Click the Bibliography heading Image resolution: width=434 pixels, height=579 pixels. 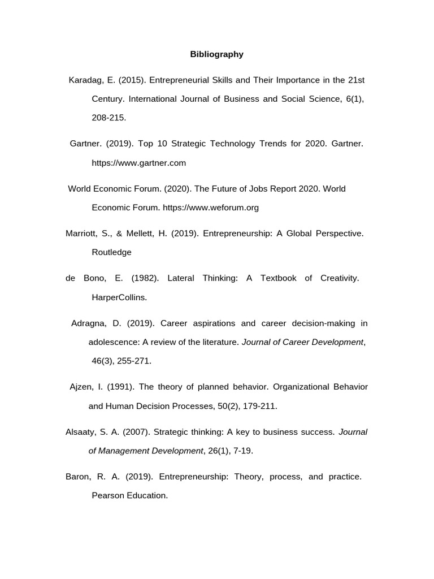(x=216, y=54)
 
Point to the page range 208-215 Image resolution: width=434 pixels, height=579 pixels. (x=108, y=118)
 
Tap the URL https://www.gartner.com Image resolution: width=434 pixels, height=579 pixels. (x=138, y=163)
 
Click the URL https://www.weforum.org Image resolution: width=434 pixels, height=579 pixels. (x=210, y=208)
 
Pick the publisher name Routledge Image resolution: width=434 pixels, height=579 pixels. (x=111, y=252)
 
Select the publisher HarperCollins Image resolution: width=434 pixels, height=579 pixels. (x=119, y=297)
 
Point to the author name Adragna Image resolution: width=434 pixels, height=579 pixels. (x=89, y=323)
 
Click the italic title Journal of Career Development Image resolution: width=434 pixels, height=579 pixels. (x=302, y=342)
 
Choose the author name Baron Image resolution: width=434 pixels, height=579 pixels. (x=77, y=477)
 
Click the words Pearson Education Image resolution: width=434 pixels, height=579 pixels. (x=129, y=495)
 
